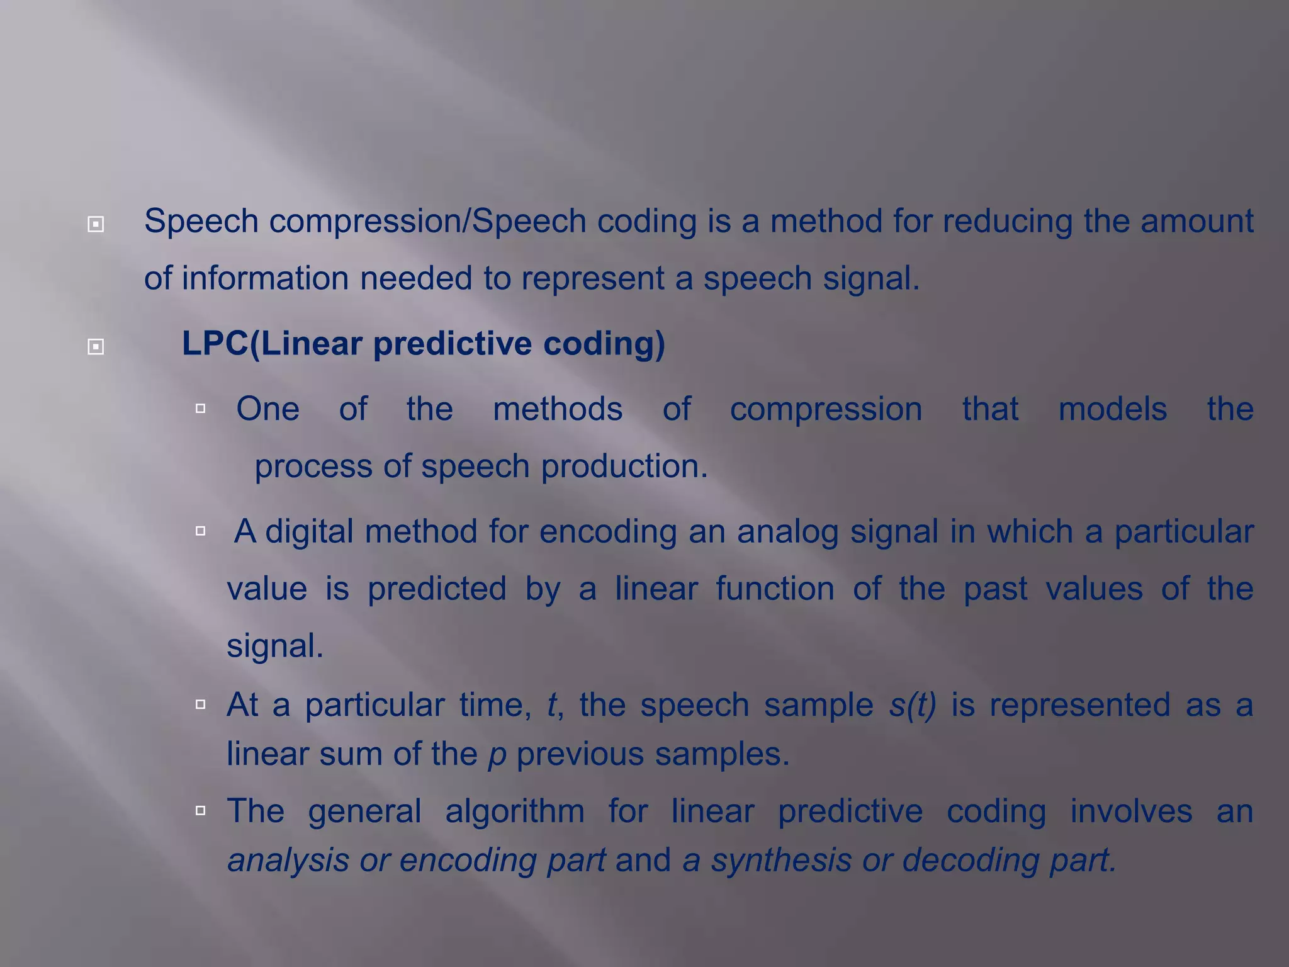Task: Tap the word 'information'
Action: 265,278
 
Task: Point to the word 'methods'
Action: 558,409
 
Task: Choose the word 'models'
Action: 1112,409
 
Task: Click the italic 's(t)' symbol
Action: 913,704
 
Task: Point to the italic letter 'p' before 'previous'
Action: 497,754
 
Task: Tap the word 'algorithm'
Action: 515,811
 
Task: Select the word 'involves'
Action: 1131,811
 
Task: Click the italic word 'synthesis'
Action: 781,860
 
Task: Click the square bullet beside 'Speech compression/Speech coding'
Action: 96,223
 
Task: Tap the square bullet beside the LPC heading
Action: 96,346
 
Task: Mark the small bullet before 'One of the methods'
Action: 201,409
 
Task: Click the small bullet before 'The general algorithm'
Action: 201,810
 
